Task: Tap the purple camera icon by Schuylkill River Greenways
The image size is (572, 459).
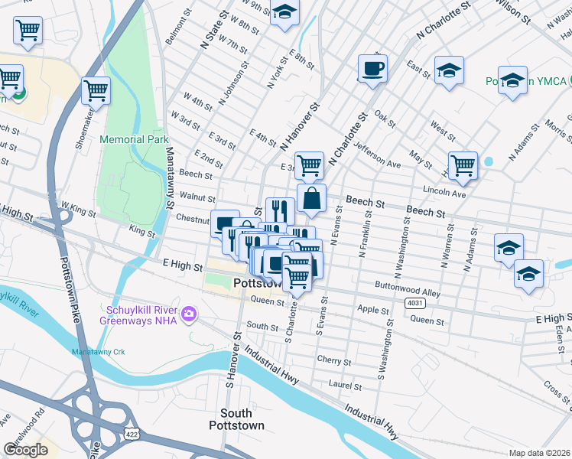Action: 189,314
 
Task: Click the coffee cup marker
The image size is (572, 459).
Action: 372,69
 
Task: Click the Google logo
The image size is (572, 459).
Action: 25,450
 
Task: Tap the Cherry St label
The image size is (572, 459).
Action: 334,360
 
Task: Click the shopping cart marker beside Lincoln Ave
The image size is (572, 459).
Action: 463,164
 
